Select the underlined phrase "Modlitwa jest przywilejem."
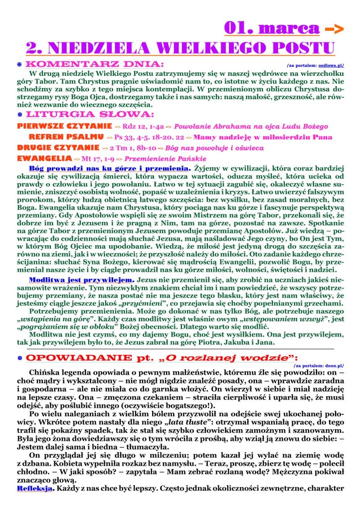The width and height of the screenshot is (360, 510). (82, 280)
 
